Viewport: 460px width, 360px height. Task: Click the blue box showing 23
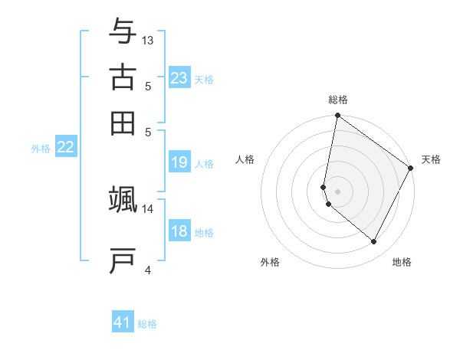point(179,78)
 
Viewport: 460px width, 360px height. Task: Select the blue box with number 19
point(179,162)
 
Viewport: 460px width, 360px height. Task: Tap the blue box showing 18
point(179,232)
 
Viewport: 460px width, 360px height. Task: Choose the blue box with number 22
point(65,148)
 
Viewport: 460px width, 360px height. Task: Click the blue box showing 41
point(123,322)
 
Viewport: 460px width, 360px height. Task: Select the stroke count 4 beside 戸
point(148,270)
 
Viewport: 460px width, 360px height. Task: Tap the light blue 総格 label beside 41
point(147,324)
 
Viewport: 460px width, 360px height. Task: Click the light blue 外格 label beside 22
point(40,149)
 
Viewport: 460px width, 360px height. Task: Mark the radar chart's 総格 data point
point(337,116)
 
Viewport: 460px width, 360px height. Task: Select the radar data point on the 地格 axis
point(374,242)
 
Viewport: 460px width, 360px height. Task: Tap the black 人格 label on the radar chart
point(245,159)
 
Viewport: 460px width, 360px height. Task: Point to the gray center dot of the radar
point(337,191)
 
